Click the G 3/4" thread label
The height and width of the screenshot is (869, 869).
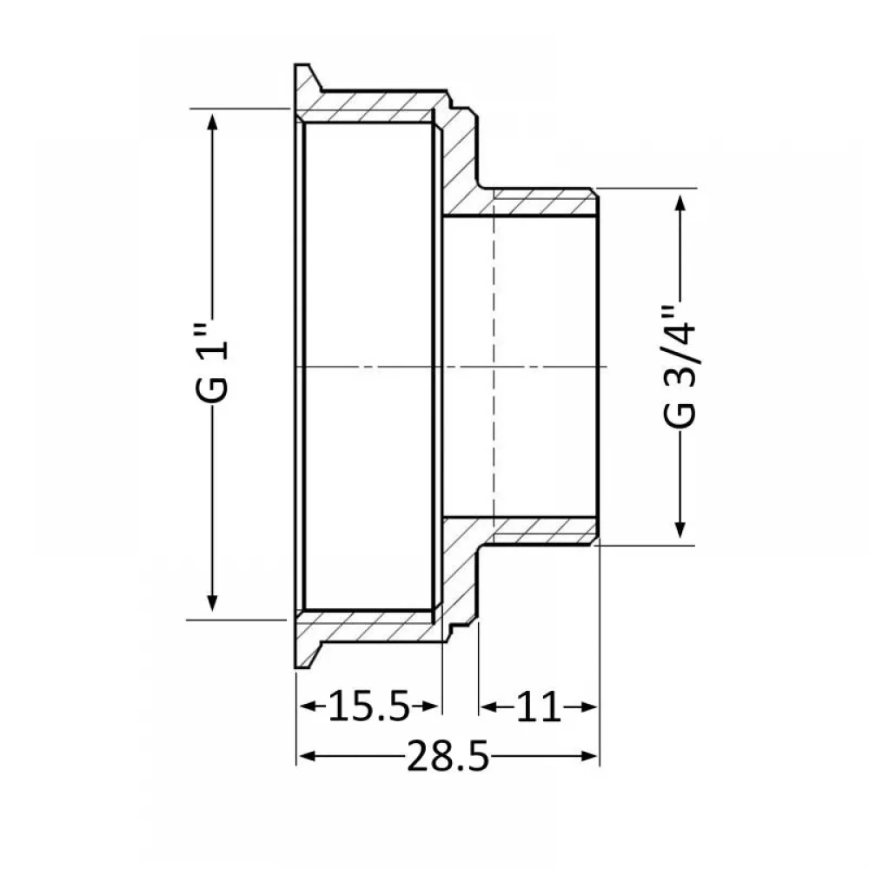pyautogui.click(x=680, y=365)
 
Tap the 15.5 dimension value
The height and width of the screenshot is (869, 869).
pyautogui.click(x=368, y=706)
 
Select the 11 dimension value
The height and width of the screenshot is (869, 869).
pyautogui.click(x=538, y=706)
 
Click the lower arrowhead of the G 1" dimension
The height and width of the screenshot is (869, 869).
pyautogui.click(x=212, y=602)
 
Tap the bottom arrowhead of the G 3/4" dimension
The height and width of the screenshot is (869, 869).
pyautogui.click(x=681, y=528)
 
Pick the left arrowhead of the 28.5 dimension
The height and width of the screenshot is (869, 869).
pyautogui.click(x=307, y=756)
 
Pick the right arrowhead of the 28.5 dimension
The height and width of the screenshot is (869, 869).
pyautogui.click(x=588, y=756)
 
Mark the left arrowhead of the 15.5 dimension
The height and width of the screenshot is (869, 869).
pyautogui.click(x=308, y=706)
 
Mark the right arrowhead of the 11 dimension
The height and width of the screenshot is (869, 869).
pyautogui.click(x=587, y=706)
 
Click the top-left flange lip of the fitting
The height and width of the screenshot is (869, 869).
pyautogui.click(x=306, y=89)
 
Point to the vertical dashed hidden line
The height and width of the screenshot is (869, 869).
pyautogui.click(x=493, y=367)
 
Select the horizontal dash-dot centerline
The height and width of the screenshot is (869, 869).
pyautogui.click(x=451, y=367)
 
